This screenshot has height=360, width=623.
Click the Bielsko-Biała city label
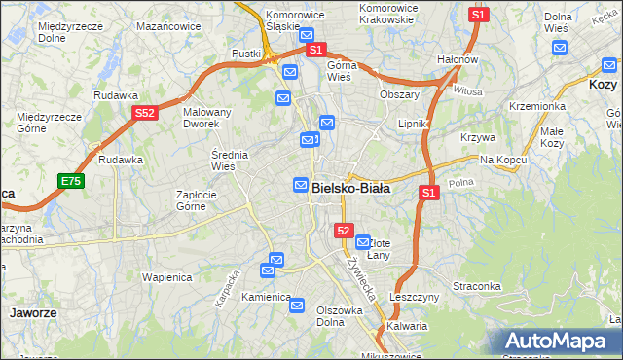(x=350, y=188)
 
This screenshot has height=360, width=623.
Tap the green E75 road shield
(x=70, y=181)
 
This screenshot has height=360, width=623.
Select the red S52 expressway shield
(x=144, y=114)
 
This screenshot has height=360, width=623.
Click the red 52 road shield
(x=343, y=231)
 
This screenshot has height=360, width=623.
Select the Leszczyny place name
(x=415, y=297)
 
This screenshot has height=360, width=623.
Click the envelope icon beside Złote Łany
(x=363, y=241)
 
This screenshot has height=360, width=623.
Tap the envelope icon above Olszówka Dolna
(x=298, y=306)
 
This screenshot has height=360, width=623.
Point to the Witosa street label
(x=467, y=90)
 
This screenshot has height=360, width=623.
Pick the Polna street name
(x=460, y=182)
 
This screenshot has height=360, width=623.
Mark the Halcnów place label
(x=457, y=59)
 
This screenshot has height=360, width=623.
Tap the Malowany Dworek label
(x=207, y=118)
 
